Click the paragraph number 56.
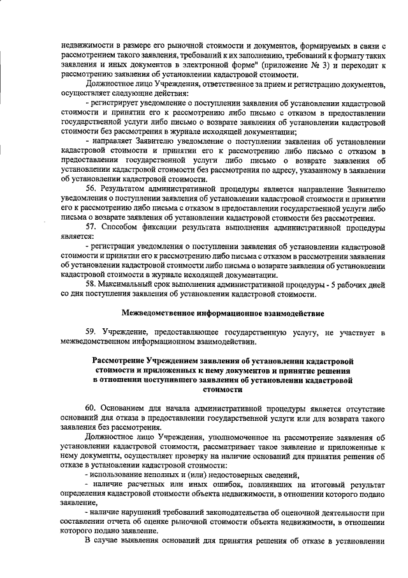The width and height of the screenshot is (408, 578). click(91, 190)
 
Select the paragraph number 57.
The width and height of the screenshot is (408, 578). click(91, 227)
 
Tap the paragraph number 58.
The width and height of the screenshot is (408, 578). click(91, 283)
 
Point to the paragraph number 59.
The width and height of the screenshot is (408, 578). click(91, 333)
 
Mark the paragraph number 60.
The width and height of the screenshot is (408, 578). click(91, 408)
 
